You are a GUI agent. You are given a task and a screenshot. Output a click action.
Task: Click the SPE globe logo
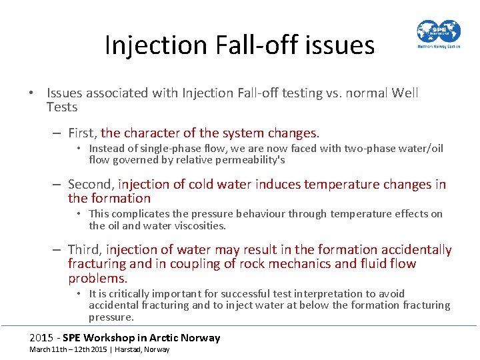pos(438,31)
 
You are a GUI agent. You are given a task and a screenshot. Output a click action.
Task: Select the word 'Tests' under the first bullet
pos(62,107)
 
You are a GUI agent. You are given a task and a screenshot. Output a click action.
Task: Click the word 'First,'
pos(83,133)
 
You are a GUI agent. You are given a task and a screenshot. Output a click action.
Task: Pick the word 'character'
pos(157,133)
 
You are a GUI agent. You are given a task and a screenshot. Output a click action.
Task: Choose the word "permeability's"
pos(247,160)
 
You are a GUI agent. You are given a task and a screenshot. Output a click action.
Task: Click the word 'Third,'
pos(85,250)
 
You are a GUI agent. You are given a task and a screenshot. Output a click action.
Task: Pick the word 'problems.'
pos(97,279)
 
